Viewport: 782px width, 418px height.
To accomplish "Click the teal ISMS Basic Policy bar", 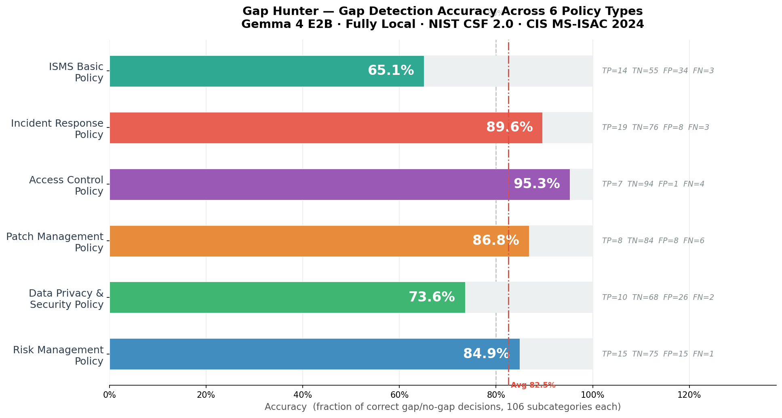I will pyautogui.click(x=242, y=71).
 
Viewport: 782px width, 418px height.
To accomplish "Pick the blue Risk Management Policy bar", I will pyautogui.click(x=283, y=354).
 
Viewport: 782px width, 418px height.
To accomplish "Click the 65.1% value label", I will pyautogui.click(x=390, y=71).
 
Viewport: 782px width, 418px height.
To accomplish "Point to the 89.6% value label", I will pyautogui.click(x=509, y=127).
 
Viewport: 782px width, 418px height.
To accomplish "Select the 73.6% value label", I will pyautogui.click(x=432, y=297).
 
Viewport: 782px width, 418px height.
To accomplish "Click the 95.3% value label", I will pyautogui.click(x=536, y=184).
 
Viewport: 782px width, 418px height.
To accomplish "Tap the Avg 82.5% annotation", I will pyautogui.click(x=533, y=385).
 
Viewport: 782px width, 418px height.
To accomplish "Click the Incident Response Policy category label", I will pyautogui.click(x=57, y=129).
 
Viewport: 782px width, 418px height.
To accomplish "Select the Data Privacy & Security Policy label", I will pyautogui.click(x=66, y=299).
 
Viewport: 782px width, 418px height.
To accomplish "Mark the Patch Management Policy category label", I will pyautogui.click(x=55, y=242).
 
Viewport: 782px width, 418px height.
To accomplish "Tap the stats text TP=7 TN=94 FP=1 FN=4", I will pyautogui.click(x=653, y=184).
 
